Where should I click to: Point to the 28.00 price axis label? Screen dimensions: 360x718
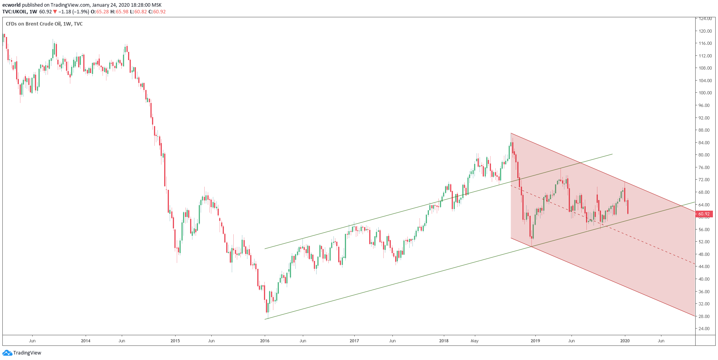(704, 316)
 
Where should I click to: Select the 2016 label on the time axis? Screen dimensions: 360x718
(265, 341)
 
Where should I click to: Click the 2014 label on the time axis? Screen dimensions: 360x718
(86, 341)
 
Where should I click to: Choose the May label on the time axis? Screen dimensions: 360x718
(474, 341)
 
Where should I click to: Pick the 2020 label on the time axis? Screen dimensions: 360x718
(625, 341)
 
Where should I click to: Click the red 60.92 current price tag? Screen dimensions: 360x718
(704, 214)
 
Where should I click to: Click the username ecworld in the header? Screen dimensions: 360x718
(11, 5)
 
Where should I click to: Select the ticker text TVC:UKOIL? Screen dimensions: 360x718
(15, 12)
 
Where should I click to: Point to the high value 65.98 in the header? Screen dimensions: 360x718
(122, 12)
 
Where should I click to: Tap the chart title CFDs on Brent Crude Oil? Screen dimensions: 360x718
(33, 24)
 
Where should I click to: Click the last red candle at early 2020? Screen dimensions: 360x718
(628, 207)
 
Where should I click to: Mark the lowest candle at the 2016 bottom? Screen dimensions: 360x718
(267, 307)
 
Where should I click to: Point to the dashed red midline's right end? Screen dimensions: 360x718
(694, 264)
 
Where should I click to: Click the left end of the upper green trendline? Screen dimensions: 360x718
(265, 248)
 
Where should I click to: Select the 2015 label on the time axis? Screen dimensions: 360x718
(175, 341)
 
